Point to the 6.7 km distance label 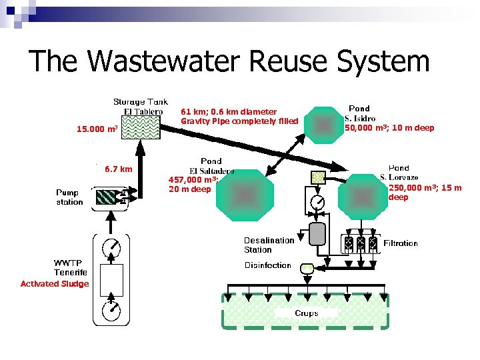(x=119, y=169)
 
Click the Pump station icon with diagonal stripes (x=106, y=197)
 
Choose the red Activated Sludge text (x=55, y=284)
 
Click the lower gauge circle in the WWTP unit (x=111, y=309)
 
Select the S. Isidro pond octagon (x=323, y=125)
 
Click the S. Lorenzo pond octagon (x=363, y=197)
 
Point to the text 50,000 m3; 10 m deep (x=389, y=128)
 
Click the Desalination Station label (x=268, y=245)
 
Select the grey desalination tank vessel (x=318, y=233)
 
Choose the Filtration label (x=401, y=243)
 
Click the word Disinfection (x=267, y=265)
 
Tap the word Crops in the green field (x=307, y=313)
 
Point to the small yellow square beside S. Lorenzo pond (x=318, y=177)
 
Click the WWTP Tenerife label (x=71, y=267)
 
